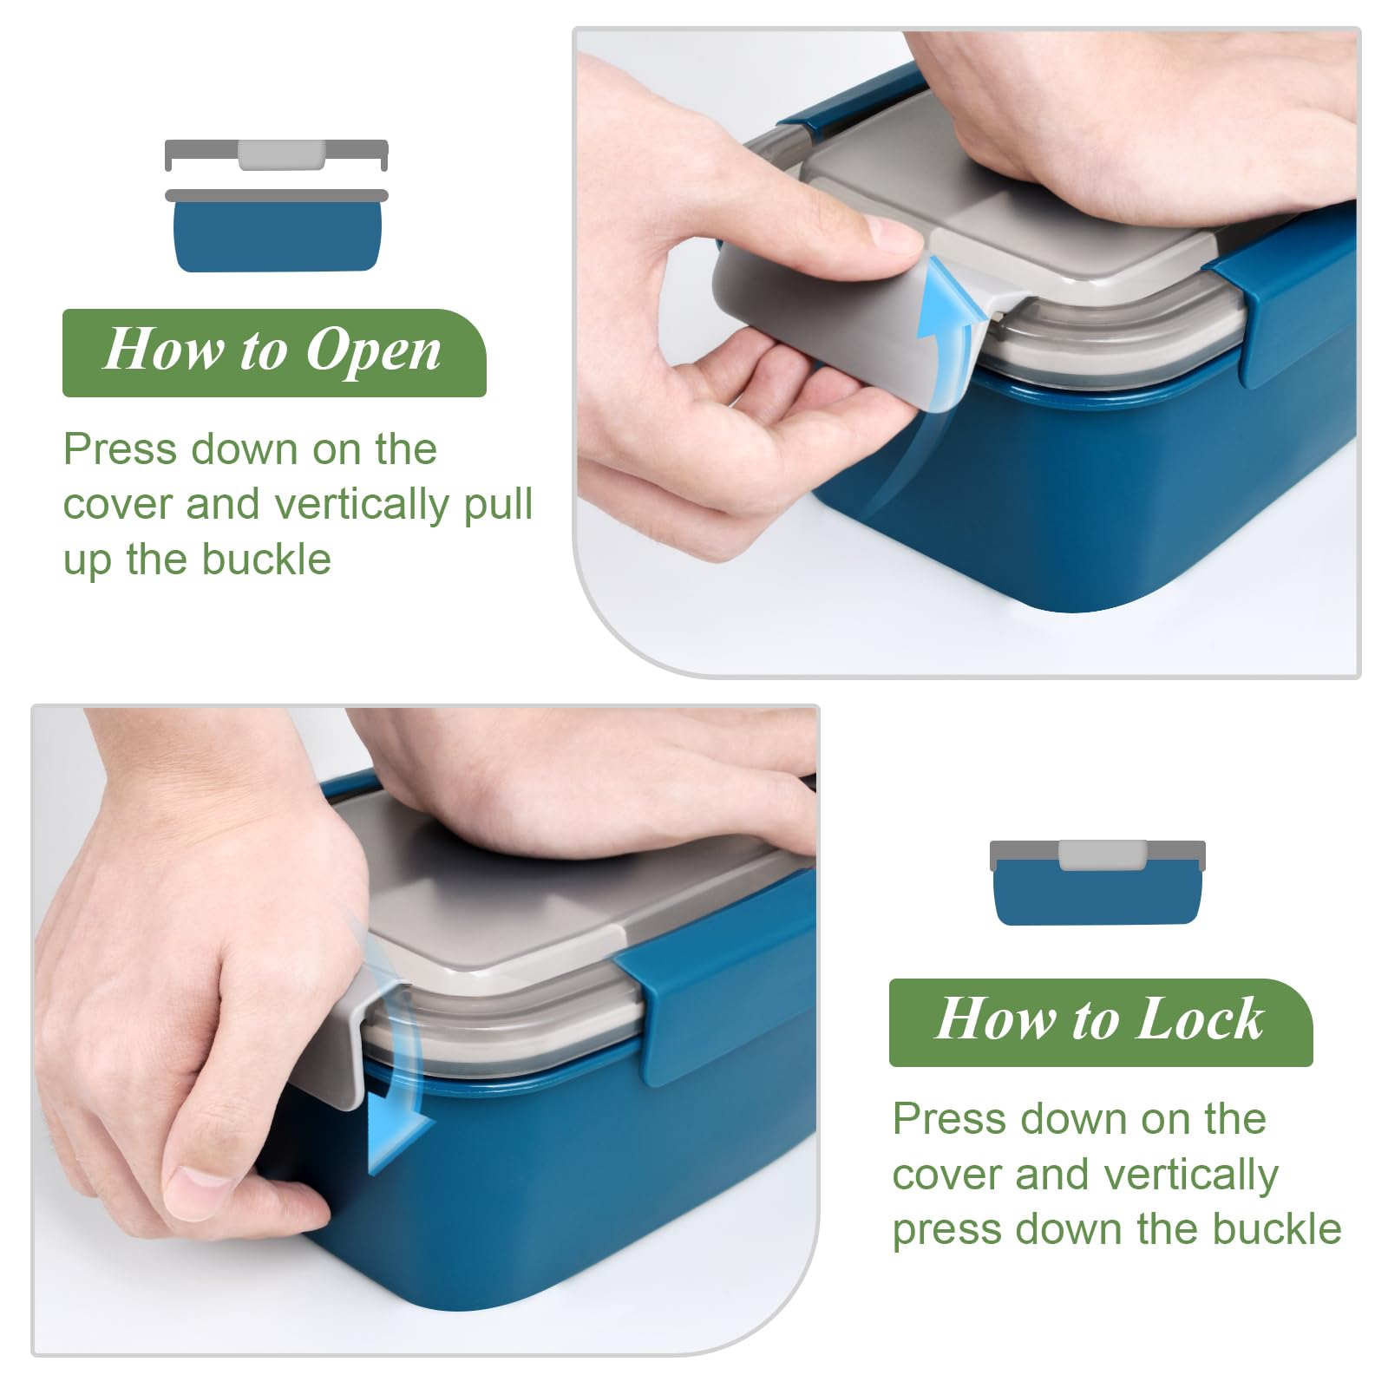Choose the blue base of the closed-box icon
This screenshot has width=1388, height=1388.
coord(1098,894)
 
